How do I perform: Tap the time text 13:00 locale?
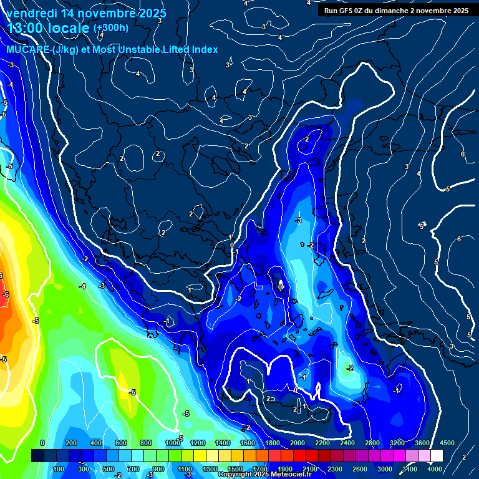pyautogui.click(x=49, y=28)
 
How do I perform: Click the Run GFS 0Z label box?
pyautogui.click(x=397, y=11)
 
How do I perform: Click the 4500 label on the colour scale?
pyautogui.click(x=447, y=443)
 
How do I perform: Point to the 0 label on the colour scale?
pyautogui.click(x=42, y=443)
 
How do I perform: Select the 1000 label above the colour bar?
pyautogui.click(x=172, y=443)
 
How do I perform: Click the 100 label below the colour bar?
pyautogui.click(x=59, y=469)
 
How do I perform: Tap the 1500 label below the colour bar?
pyautogui.click(x=235, y=469)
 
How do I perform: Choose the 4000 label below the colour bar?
pyautogui.click(x=435, y=469)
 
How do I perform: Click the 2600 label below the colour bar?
pyautogui.click(x=360, y=469)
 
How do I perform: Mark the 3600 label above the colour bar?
pyautogui.click(x=422, y=443)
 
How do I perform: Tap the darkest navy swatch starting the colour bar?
pyautogui.click(x=37, y=456)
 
